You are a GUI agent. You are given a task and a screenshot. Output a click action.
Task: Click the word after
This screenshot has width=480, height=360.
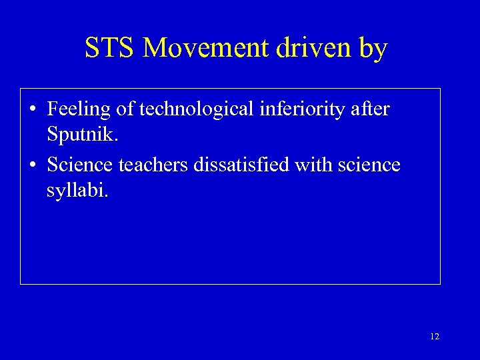pyautogui.click(x=374, y=108)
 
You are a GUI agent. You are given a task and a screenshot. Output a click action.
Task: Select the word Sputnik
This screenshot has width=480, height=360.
pyautogui.click(x=80, y=137)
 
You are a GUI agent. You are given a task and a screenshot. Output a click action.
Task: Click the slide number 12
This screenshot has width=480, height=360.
pyautogui.click(x=435, y=337)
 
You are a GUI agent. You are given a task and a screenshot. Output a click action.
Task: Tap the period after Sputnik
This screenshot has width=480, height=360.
pyautogui.click(x=116, y=141)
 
